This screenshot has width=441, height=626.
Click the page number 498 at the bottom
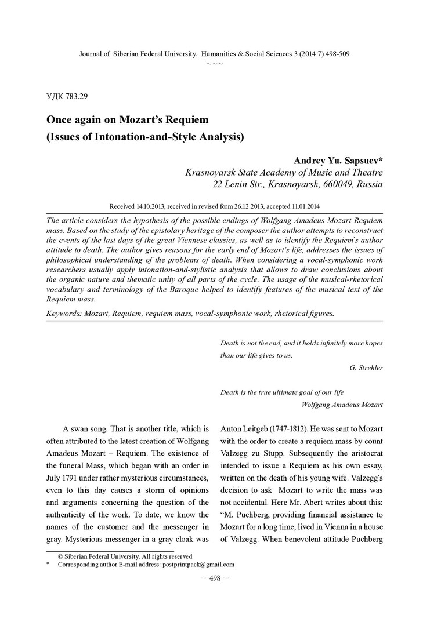pyautogui.click(x=215, y=580)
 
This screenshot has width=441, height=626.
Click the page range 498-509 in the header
pyautogui.click(x=332, y=54)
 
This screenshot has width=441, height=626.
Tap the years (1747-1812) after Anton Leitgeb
pyautogui.click(x=280, y=429)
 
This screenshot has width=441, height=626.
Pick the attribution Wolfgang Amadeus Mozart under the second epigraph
pyautogui.click(x=342, y=404)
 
